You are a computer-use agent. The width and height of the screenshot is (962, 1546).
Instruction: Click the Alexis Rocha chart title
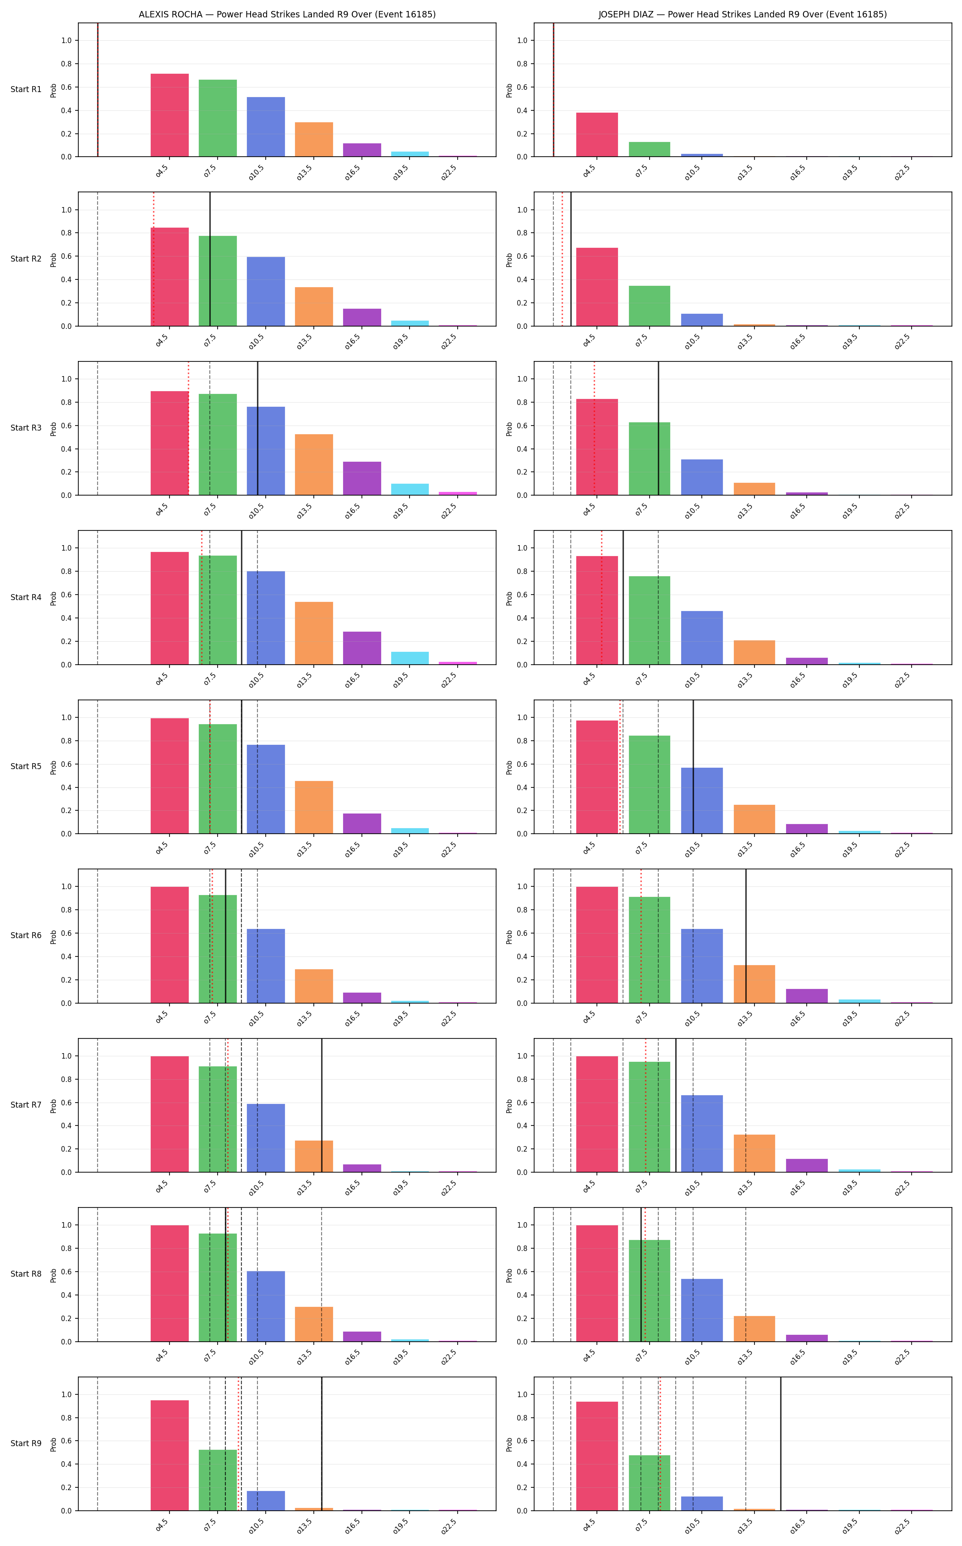coord(287,14)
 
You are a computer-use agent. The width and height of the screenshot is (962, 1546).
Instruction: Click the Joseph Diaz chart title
coord(743,14)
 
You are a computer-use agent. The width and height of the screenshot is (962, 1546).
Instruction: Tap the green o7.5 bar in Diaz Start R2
coord(650,306)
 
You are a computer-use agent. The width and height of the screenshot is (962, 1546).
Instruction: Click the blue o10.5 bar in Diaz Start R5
coord(702,800)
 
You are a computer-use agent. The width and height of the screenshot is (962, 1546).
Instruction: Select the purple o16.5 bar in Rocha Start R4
coord(362,648)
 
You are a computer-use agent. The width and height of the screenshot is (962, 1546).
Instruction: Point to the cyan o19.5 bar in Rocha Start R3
coord(410,489)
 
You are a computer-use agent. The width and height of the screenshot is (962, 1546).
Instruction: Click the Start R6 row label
coord(26,935)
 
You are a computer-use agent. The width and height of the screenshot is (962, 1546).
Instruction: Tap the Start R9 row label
coord(26,1443)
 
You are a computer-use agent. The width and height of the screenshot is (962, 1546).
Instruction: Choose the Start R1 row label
coord(26,89)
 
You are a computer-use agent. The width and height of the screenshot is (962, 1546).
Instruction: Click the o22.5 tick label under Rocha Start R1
coord(448,172)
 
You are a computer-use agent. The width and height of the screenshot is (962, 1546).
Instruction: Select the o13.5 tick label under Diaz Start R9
coord(744,1526)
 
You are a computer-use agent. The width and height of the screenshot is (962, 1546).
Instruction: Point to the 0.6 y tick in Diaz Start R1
coord(522,87)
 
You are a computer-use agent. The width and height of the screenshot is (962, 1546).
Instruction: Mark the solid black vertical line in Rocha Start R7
coord(322,1105)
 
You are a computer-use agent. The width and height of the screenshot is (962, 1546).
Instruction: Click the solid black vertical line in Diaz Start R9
coord(781,1443)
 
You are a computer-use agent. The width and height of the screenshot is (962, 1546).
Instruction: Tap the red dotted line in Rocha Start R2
coord(153,259)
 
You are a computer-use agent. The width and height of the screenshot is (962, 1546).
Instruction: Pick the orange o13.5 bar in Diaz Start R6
coord(754,984)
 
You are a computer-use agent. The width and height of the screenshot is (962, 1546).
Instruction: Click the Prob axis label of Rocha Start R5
coord(54,767)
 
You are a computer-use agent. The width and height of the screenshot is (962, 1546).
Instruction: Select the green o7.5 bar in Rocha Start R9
coord(218,1480)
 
